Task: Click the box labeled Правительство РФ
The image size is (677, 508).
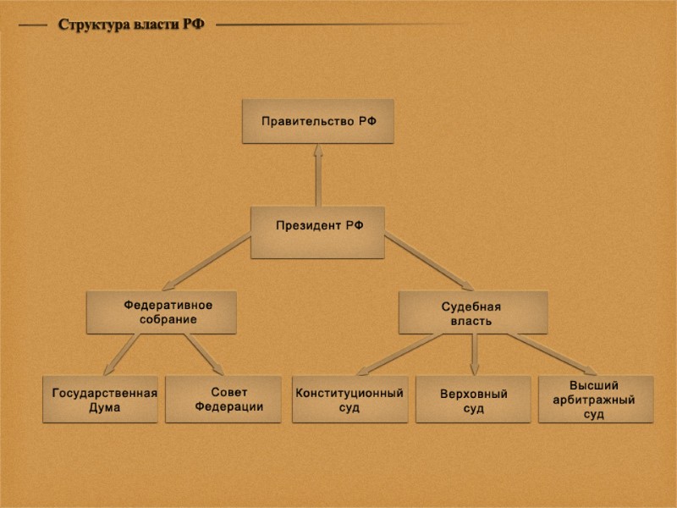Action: coord(317,121)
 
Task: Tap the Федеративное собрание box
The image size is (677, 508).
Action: coord(161,312)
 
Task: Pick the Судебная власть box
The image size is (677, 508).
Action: coord(473,312)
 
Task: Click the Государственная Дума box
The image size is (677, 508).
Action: coord(100,400)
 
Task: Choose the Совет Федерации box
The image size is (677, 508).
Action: coord(223,400)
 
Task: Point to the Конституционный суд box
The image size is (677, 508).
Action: coord(350,400)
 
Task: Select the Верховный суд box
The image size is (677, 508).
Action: coord(473,400)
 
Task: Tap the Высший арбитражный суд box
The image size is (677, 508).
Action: coord(596,400)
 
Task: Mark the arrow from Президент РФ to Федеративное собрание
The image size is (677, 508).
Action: coord(207,263)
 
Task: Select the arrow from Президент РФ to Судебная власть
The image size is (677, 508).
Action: coord(429,263)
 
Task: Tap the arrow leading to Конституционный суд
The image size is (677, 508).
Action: coord(398,354)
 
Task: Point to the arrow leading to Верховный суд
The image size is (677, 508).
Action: coord(474,354)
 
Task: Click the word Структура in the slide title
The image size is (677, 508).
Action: coord(92,25)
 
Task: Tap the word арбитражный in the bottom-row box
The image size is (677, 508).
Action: coord(594,400)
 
